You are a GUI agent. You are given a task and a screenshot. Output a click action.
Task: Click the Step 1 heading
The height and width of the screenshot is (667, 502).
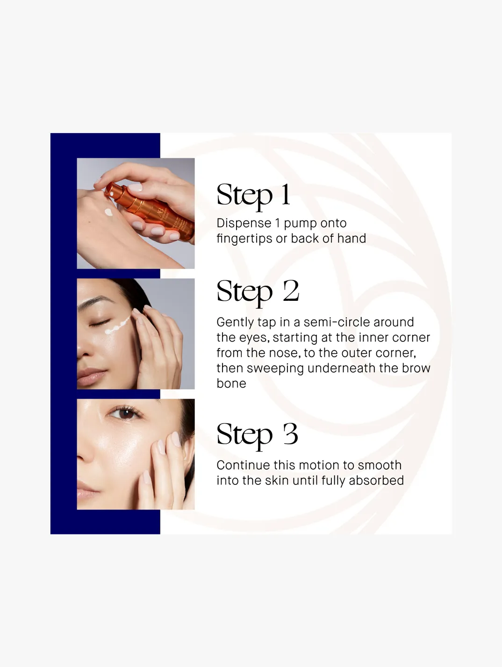click(253, 196)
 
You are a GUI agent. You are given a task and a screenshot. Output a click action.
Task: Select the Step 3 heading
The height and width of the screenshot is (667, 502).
click(257, 436)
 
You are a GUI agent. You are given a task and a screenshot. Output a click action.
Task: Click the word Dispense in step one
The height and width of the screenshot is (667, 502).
click(244, 223)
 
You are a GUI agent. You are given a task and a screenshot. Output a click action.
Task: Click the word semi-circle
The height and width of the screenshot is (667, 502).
click(336, 322)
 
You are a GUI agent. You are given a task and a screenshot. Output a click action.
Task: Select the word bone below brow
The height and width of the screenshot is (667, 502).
click(231, 383)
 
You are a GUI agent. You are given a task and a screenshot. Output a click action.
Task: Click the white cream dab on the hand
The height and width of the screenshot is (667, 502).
click(108, 212)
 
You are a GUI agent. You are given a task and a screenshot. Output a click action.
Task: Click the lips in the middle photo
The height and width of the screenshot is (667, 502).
click(91, 376)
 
